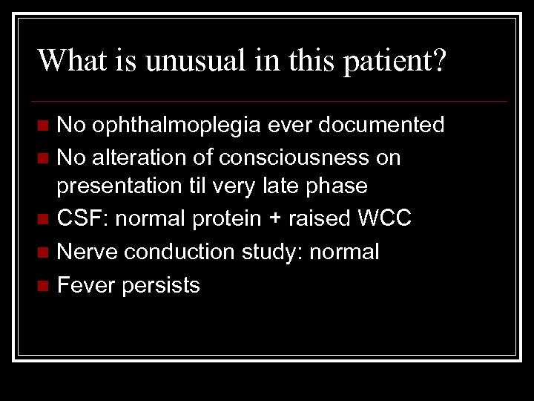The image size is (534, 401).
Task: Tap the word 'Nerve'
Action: pos(88,252)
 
